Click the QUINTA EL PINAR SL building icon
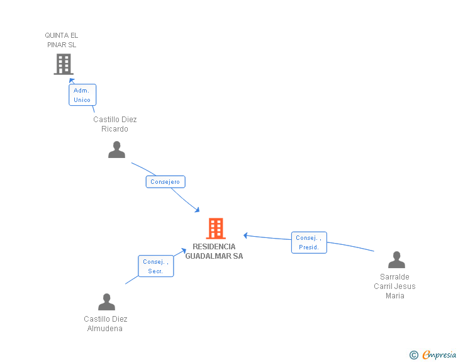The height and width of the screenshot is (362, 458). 63,64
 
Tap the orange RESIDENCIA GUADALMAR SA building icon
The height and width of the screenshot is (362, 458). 215,228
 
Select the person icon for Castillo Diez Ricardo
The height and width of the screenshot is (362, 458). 116,150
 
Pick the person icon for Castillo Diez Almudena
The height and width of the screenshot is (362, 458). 106,302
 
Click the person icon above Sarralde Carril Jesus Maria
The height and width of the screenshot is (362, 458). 396,260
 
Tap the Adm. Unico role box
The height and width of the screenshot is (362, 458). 82,95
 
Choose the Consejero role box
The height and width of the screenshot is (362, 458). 165,182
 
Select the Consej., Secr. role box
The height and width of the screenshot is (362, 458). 155,266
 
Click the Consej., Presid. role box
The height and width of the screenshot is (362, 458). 309,242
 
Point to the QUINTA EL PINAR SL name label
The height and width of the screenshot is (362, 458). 62,40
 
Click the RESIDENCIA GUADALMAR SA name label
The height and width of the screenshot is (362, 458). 214,251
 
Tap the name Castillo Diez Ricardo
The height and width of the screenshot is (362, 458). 115,124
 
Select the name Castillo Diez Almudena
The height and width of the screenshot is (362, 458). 106,324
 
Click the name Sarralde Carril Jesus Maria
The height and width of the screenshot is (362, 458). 395,286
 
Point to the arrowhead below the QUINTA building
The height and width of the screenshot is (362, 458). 72,81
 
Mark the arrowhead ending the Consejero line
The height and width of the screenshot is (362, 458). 197,210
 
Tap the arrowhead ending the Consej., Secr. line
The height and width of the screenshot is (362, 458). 184,251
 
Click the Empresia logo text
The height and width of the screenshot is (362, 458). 439,355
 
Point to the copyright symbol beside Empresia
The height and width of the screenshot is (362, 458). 413,355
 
